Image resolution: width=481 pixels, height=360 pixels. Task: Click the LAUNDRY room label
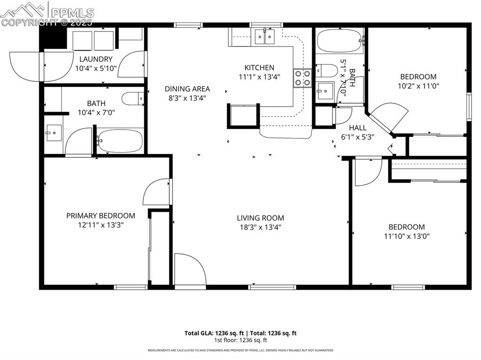pyautogui.click(x=96, y=59)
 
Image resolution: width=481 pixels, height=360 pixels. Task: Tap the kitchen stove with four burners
pyautogui.click(x=302, y=78)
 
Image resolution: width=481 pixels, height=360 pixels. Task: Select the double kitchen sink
pyautogui.click(x=264, y=36)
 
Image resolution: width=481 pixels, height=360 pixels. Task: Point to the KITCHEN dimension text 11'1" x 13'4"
pyautogui.click(x=259, y=77)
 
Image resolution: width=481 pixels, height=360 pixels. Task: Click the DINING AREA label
pyautogui.click(x=187, y=89)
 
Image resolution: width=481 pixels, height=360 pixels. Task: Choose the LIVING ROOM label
pyautogui.click(x=260, y=218)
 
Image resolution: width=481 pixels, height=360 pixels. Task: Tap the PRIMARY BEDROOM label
pyautogui.click(x=101, y=216)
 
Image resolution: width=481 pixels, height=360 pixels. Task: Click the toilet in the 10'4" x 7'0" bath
pyautogui.click(x=133, y=99)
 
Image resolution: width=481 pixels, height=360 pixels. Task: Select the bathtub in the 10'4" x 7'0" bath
pyautogui.click(x=120, y=141)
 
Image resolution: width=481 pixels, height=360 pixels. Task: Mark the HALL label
pyautogui.click(x=357, y=128)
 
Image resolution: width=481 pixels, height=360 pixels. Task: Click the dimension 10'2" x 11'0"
pyautogui.click(x=418, y=86)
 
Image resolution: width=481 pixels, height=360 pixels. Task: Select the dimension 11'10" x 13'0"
pyautogui.click(x=406, y=236)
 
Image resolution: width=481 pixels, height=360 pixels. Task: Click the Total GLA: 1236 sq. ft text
pyautogui.click(x=212, y=333)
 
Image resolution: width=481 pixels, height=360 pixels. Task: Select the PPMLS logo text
pyautogui.click(x=72, y=13)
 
